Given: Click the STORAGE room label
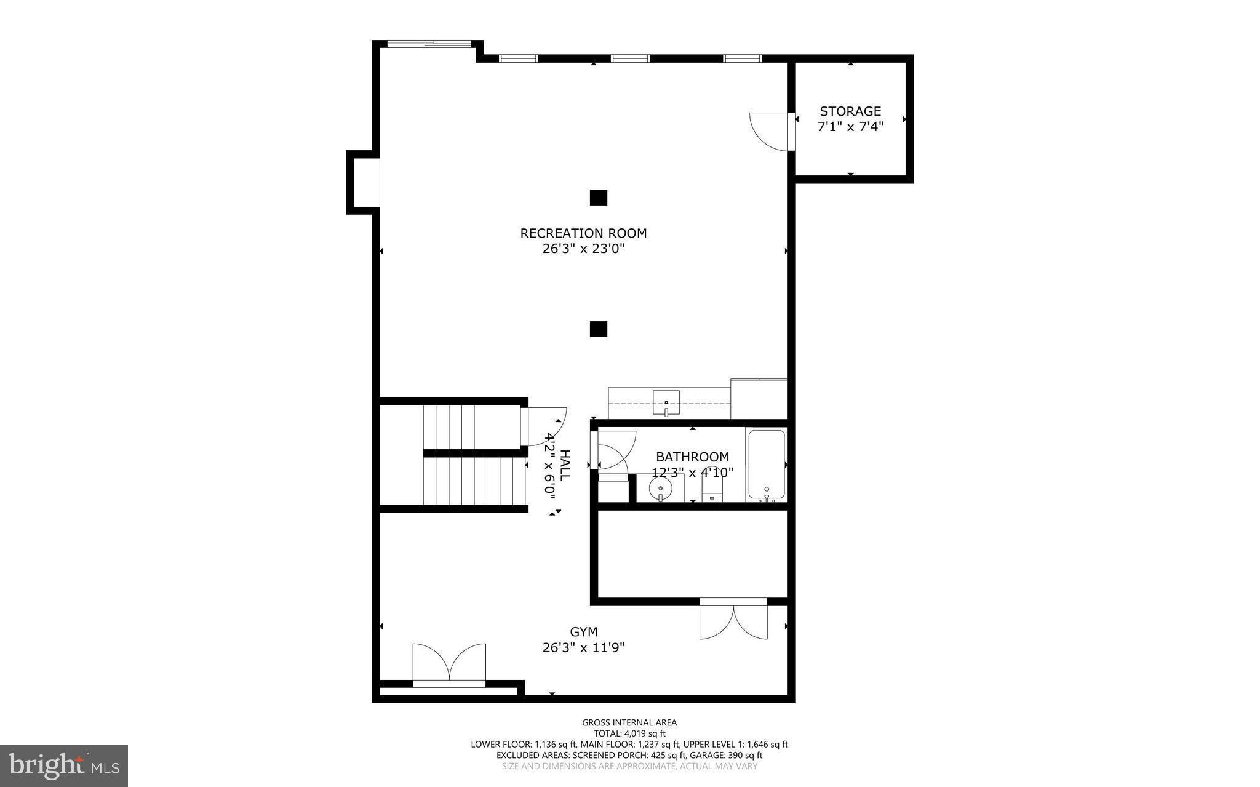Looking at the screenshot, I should tap(850, 111).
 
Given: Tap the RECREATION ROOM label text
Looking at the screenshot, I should tap(583, 233).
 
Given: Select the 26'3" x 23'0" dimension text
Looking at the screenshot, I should tap(583, 249).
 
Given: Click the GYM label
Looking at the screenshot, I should tap(583, 632).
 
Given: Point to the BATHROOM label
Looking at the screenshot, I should tap(692, 457).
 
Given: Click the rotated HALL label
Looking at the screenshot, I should tap(565, 466).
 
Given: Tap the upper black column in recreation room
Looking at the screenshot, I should tap(598, 198).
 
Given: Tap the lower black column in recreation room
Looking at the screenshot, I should tap(598, 329).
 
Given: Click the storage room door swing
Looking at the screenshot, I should tap(769, 131).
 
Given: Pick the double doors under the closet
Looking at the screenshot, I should tap(733, 620).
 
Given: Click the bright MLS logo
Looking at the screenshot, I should tap(64, 765).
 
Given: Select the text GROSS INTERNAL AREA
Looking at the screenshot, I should tap(629, 722).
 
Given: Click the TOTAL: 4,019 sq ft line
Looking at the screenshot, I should tap(629, 733).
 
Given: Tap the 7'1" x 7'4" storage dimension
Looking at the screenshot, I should tap(850, 127).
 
